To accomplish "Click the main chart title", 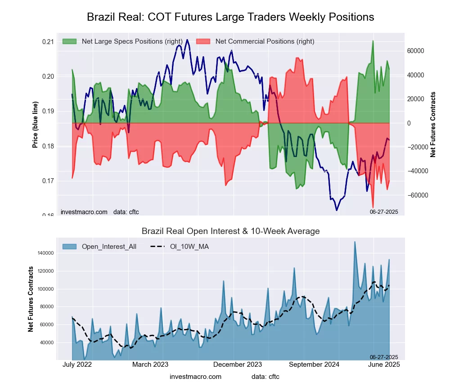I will click(230, 17).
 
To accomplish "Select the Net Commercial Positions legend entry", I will click(265, 41).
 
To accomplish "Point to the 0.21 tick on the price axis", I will click(48, 42).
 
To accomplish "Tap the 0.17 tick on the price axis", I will click(48, 181).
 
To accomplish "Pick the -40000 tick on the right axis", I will click(415, 171).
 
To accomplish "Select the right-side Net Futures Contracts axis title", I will click(433, 124).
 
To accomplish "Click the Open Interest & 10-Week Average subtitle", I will click(230, 231).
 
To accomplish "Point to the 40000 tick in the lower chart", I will click(45, 342).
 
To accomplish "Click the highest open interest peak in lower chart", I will click(355, 242).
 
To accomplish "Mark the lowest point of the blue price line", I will click(336, 210).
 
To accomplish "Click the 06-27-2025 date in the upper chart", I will click(384, 211).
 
